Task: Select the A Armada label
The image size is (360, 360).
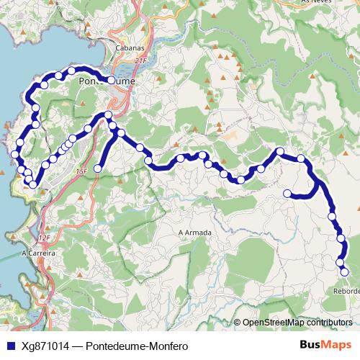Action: (195, 233)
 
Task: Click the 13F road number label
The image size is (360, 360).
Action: (80, 171)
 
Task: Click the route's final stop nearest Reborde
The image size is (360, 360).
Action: (344, 271)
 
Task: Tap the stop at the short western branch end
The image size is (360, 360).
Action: (287, 193)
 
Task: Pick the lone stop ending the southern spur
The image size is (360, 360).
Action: (98, 168)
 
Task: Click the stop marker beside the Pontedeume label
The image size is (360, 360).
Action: (112, 80)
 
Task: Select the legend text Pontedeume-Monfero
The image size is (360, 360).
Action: (137, 346)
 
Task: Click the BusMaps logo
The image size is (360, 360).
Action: (325, 345)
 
